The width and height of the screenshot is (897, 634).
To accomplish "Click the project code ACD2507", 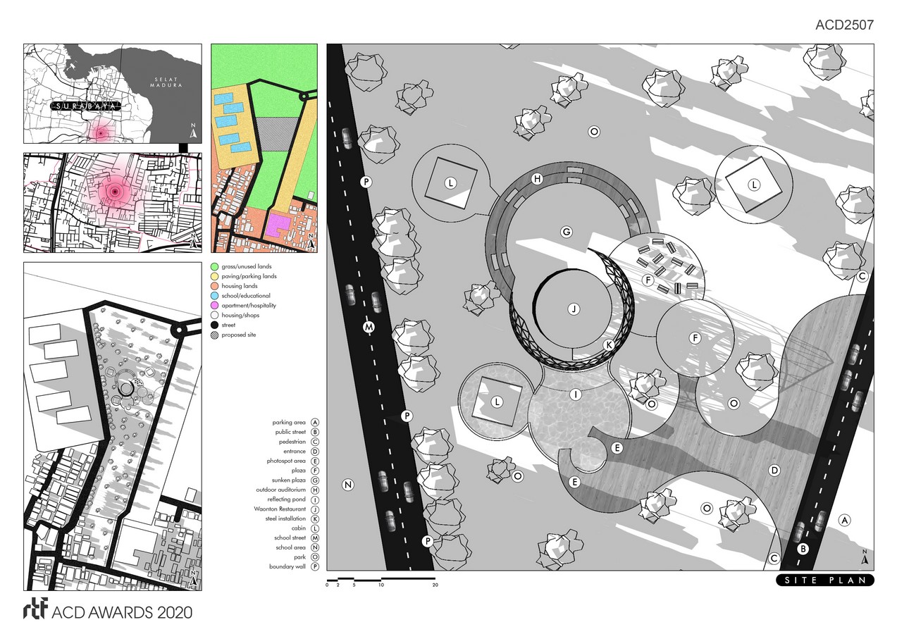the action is (844, 25).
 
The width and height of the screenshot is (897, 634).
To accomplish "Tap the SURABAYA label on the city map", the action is (86, 106).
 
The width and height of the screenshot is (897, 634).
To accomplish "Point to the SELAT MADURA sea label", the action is (166, 82).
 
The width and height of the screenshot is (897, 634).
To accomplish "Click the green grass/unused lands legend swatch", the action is (215, 266).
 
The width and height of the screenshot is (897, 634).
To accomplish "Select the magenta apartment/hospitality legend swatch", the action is (215, 306).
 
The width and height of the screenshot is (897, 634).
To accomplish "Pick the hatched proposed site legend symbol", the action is (215, 335).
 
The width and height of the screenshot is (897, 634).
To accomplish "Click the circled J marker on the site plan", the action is (574, 309).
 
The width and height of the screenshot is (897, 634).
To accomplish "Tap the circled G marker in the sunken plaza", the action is (567, 232).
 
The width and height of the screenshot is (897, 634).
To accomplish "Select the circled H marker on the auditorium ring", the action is (538, 179).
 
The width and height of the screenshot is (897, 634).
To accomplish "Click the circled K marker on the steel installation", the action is (609, 345).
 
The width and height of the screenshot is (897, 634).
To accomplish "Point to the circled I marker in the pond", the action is (576, 394).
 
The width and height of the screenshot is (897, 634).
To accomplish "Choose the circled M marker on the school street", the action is (369, 327).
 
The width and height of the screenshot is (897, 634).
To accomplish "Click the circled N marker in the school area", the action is (348, 485).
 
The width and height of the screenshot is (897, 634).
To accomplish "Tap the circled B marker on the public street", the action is (803, 549).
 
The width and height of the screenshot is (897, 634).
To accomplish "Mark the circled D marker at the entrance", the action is (774, 471).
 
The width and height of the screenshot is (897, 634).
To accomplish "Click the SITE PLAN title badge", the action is (825, 580).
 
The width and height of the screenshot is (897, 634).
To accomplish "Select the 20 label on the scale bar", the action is (435, 585).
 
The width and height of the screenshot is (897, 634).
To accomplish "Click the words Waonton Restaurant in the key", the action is (280, 509).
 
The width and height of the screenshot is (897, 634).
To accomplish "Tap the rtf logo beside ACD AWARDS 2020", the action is (36, 609).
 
